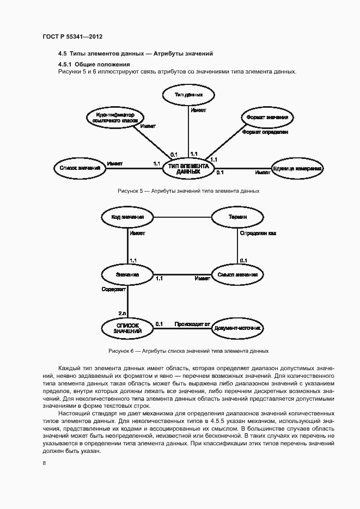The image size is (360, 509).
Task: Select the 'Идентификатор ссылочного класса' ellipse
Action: (115, 118)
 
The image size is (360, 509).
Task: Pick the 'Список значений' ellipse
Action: (79, 168)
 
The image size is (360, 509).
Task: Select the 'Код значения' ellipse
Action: (127, 217)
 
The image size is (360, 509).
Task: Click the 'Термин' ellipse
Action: (237, 217)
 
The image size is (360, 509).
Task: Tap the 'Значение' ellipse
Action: (127, 274)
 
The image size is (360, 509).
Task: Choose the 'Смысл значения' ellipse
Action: (236, 274)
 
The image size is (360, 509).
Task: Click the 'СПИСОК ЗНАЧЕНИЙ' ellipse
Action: (127, 328)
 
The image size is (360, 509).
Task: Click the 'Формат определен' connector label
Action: (265, 132)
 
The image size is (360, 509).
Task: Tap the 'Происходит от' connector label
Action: (192, 324)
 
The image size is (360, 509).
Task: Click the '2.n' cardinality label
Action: (122, 313)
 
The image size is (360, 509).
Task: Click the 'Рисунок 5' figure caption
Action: (188, 191)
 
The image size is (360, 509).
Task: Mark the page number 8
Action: (44, 463)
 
